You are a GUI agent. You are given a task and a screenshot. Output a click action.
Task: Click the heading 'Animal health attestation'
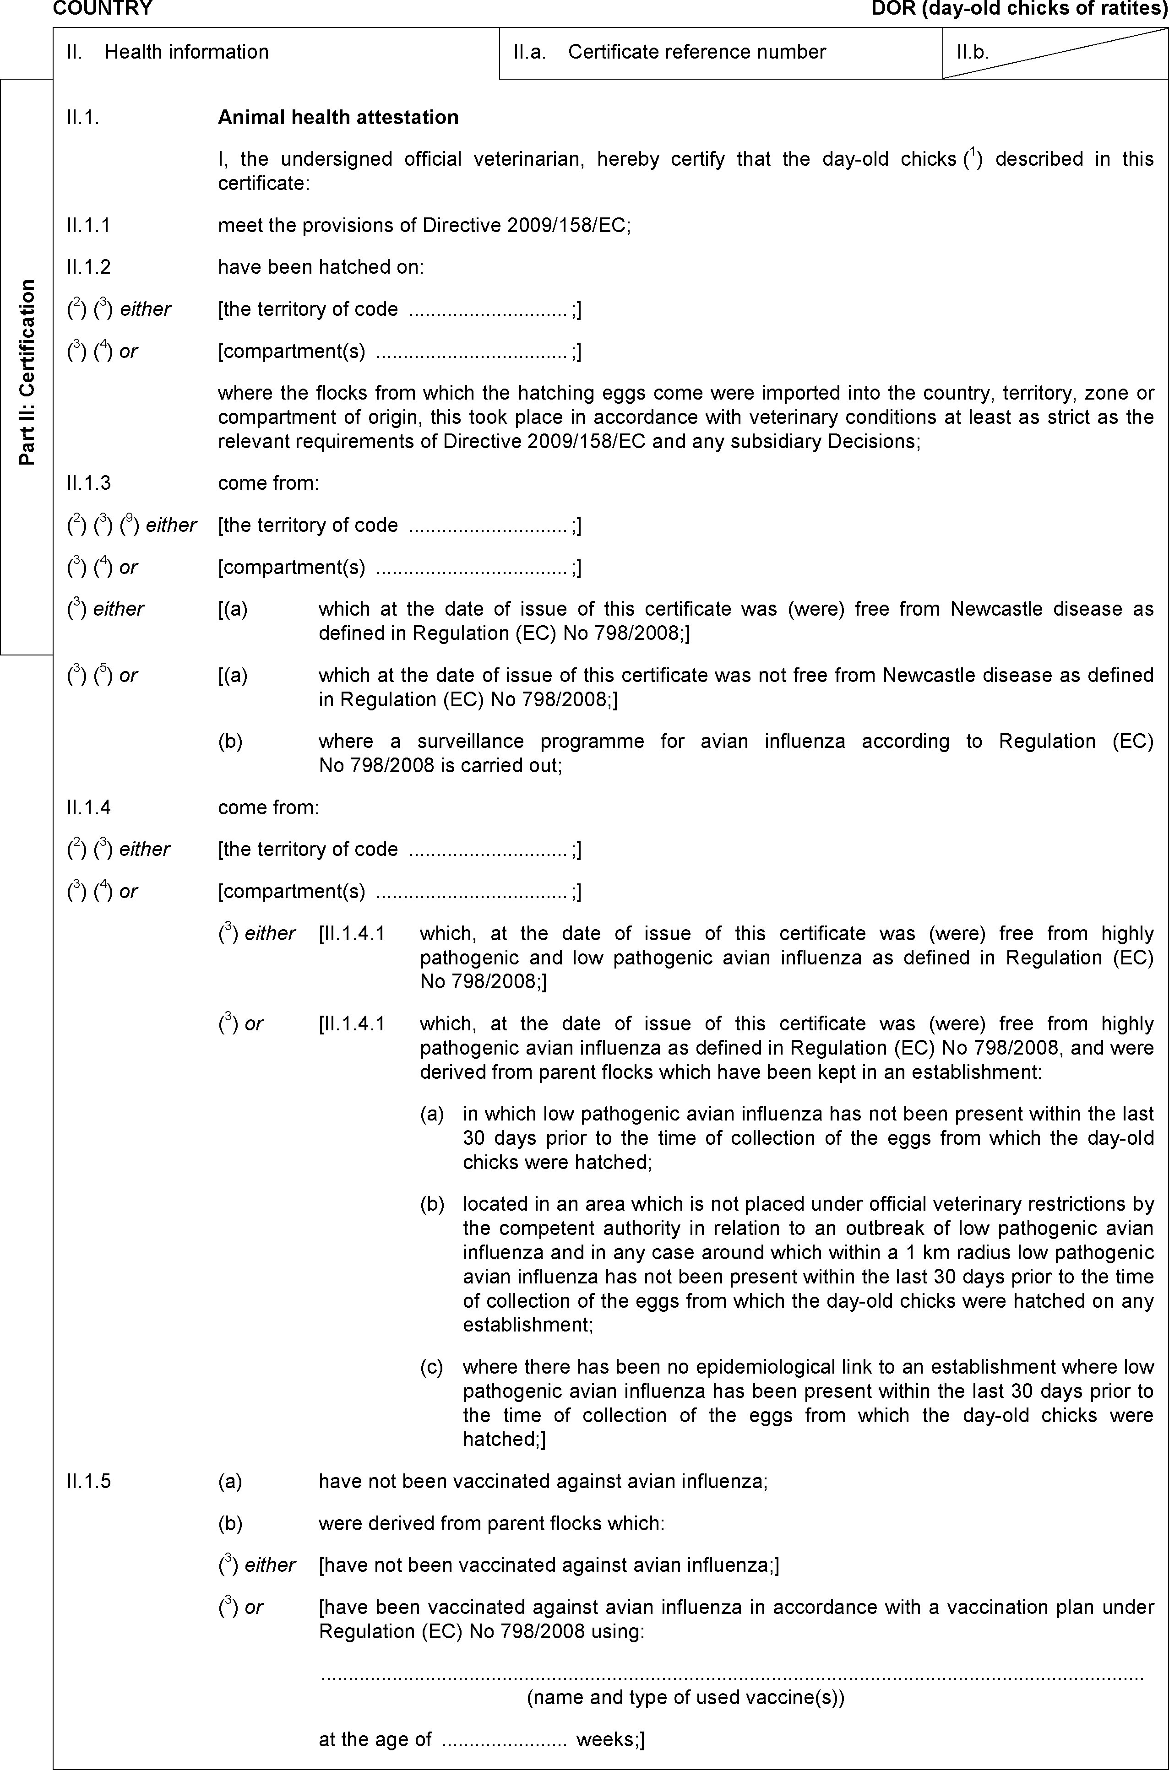tap(338, 117)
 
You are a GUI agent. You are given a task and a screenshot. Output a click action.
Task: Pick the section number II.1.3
tap(88, 483)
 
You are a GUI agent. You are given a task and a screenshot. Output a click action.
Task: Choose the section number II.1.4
tap(88, 807)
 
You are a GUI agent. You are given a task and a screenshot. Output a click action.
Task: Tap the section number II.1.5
tap(88, 1481)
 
